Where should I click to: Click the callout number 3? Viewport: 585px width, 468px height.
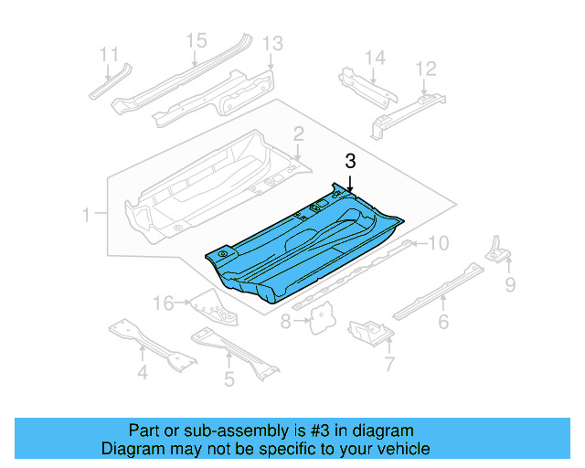tap(349, 161)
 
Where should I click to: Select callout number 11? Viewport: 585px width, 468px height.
tap(110, 54)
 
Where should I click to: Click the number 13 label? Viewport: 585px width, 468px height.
tap(272, 43)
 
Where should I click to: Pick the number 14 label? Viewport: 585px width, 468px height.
tap(375, 58)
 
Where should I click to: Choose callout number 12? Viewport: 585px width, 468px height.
tap(426, 69)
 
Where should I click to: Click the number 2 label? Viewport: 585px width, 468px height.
tap(298, 136)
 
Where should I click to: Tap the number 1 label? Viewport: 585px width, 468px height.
tap(86, 216)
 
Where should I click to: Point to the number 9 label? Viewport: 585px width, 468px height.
tap(510, 285)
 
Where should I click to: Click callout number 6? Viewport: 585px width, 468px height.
tap(443, 322)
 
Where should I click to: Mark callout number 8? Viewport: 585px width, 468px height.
tap(286, 322)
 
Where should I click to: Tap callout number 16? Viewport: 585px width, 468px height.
tap(162, 303)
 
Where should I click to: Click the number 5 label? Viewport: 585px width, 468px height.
tap(229, 377)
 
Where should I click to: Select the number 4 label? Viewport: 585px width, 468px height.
tap(142, 372)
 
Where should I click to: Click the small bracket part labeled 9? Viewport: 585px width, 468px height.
tap(496, 250)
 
